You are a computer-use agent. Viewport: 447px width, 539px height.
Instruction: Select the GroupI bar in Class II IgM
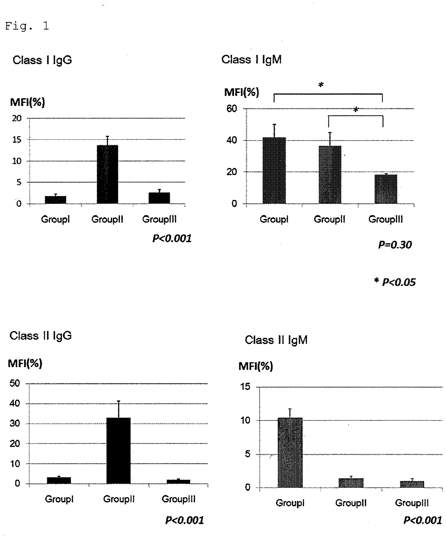pyautogui.click(x=290, y=453)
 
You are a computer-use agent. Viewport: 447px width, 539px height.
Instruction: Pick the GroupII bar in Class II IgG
pyautogui.click(x=119, y=450)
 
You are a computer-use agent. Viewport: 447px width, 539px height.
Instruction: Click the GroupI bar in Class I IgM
pyautogui.click(x=274, y=170)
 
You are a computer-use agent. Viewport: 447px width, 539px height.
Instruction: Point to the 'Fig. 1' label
pyautogui.click(x=27, y=26)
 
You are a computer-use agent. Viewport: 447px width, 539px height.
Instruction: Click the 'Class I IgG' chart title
pyautogui.click(x=42, y=60)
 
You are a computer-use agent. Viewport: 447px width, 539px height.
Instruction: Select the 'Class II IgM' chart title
pyautogui.click(x=276, y=340)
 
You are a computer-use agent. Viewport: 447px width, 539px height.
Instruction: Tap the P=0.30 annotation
pyautogui.click(x=395, y=245)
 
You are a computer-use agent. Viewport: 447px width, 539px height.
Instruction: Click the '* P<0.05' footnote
pyautogui.click(x=395, y=282)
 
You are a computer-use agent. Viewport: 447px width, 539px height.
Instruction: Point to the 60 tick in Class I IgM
pyautogui.click(x=232, y=108)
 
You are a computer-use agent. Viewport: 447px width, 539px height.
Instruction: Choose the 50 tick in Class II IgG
pyautogui.click(x=15, y=383)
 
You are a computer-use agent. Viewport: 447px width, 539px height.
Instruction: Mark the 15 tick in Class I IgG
pyautogui.click(x=17, y=139)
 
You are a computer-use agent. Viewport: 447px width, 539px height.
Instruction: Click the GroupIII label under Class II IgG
pyautogui.click(x=178, y=499)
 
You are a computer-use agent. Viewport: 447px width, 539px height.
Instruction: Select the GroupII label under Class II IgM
pyautogui.click(x=351, y=503)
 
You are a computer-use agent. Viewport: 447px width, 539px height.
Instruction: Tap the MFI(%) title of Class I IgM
pyautogui.click(x=242, y=92)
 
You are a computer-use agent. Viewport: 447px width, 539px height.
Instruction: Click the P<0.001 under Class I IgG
pyautogui.click(x=172, y=238)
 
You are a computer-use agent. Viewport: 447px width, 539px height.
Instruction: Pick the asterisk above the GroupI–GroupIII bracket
pyautogui.click(x=321, y=85)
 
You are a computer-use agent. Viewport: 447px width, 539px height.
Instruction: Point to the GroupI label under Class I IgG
pyautogui.click(x=55, y=219)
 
